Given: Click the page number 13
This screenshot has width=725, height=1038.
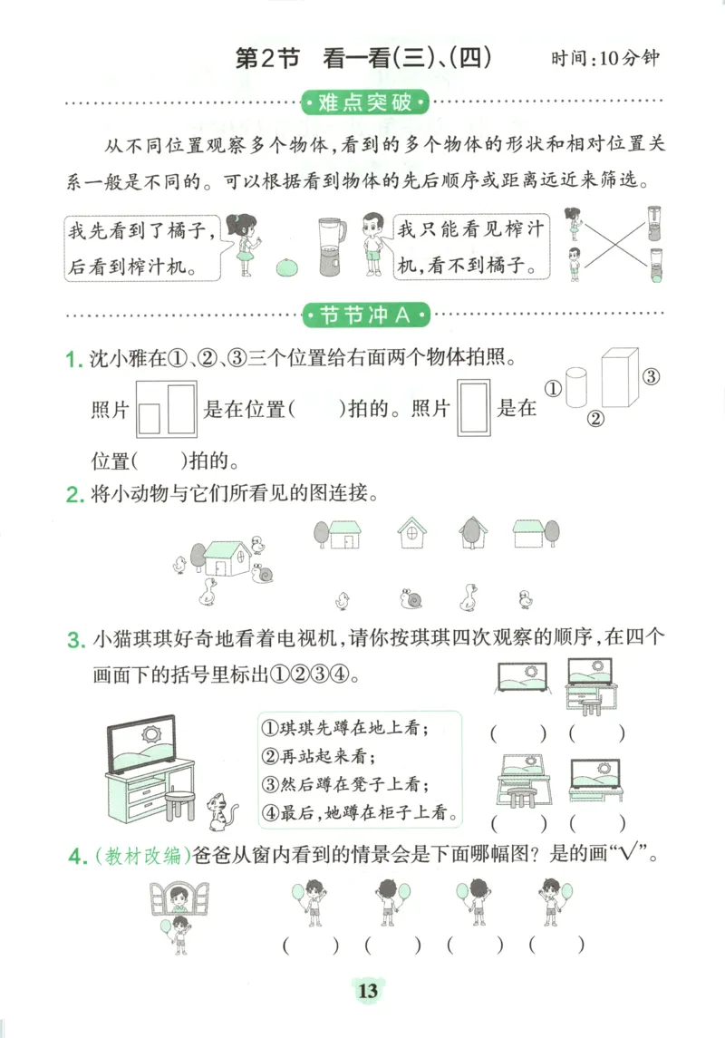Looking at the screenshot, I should coord(367,991).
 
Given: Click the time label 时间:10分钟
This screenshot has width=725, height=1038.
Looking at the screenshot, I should coord(604,60).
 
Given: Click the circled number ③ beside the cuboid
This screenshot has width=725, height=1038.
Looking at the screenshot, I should coord(650,376).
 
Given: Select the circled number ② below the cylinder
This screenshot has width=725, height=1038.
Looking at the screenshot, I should coord(596,419).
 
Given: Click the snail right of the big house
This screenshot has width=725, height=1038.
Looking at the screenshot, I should coord(264,573).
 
